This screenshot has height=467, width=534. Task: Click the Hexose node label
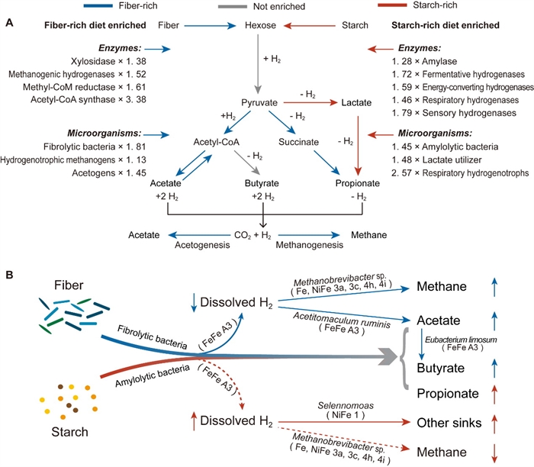(261, 25)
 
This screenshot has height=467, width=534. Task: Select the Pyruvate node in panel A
(261, 101)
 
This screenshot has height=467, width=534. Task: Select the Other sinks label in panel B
(445, 420)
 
